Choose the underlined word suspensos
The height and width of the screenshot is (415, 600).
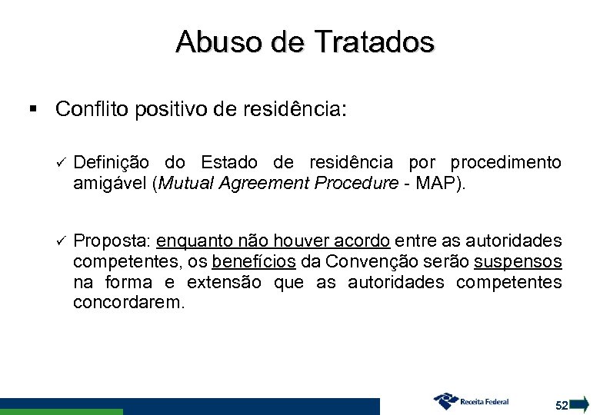point(520,263)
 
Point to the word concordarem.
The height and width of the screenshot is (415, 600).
point(128,303)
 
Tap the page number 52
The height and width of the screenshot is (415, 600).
point(561,404)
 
